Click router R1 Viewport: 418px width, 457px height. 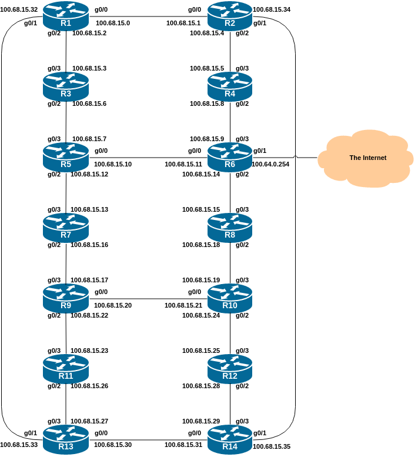coord(65,16)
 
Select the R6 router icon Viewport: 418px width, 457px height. coord(230,157)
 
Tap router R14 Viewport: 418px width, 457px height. coord(230,439)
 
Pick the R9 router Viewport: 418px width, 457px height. coord(65,298)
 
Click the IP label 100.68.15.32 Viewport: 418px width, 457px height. coord(19,10)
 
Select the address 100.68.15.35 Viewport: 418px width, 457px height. coord(272,446)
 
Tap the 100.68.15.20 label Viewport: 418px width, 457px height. coord(113,305)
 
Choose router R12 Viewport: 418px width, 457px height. coord(230,369)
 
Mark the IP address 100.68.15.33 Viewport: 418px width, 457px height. coord(19,445)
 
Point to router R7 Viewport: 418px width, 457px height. coord(65,228)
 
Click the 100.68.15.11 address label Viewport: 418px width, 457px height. coord(183,164)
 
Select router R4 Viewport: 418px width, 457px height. coord(230,86)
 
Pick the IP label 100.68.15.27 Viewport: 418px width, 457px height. coord(89,421)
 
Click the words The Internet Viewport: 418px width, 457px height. coord(368,158)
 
